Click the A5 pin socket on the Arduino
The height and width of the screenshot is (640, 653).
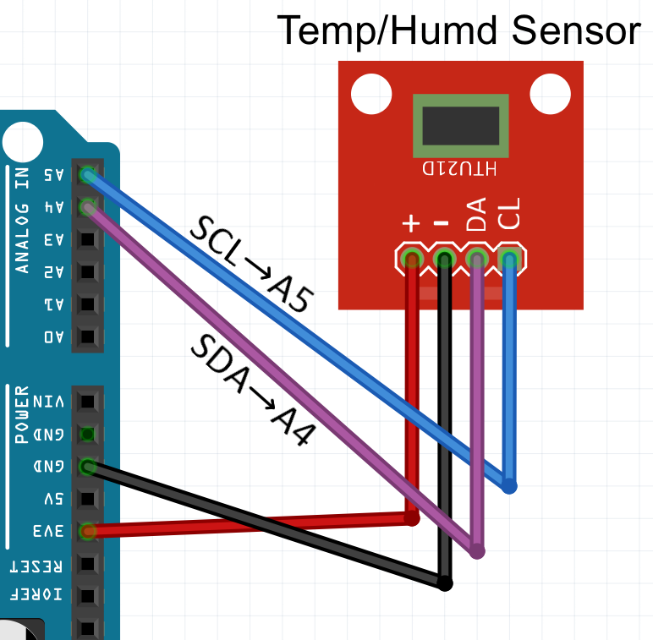point(87,175)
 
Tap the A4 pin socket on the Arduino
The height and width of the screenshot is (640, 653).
point(87,206)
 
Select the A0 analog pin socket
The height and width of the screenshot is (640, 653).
point(87,336)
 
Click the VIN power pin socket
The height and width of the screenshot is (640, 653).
point(87,402)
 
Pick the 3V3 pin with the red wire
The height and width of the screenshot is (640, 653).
point(87,531)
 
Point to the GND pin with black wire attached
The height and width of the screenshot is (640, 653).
point(87,466)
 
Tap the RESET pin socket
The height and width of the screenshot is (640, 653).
point(87,564)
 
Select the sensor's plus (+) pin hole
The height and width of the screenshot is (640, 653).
point(412,259)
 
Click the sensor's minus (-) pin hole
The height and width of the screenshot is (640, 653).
point(444,259)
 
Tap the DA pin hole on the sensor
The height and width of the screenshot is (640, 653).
point(477,259)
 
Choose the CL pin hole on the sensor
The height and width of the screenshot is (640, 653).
point(508,259)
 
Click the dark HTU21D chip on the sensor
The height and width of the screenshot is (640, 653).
point(460,125)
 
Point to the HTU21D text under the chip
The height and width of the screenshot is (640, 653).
point(460,167)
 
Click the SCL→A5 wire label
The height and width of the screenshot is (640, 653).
point(250,265)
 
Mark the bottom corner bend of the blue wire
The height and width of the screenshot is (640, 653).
point(509,486)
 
